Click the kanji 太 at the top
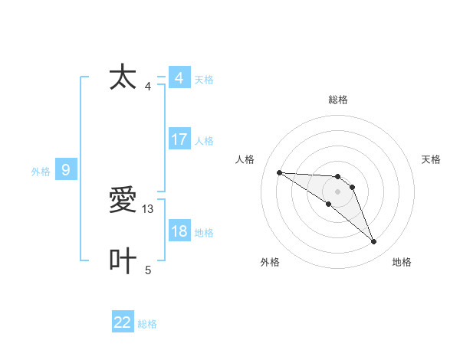[x=123, y=77]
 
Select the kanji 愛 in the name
[x=123, y=201]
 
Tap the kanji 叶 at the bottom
[x=123, y=261]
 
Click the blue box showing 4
[x=179, y=78]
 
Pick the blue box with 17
[x=179, y=139]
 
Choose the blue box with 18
[x=179, y=231]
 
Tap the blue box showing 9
[x=66, y=170]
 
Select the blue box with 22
[x=123, y=322]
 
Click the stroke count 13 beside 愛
[x=149, y=208]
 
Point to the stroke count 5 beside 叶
[x=148, y=270]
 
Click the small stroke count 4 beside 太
[x=148, y=86]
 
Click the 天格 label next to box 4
[x=204, y=80]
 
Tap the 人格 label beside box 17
[x=204, y=141]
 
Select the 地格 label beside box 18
[x=204, y=233]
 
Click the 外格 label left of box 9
[x=41, y=172]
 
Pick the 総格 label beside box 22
[x=147, y=324]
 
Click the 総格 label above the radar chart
[x=338, y=100]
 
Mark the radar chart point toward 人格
[x=279, y=172]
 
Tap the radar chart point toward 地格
[x=374, y=242]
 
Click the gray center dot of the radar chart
[x=338, y=191]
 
